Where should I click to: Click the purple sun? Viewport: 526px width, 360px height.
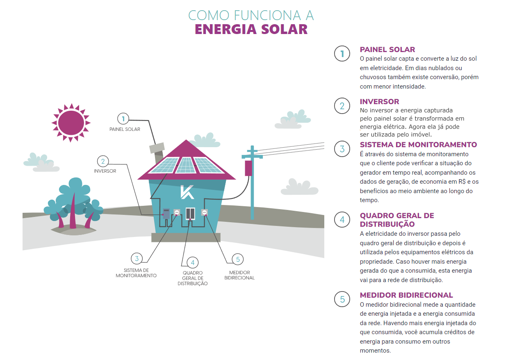71,123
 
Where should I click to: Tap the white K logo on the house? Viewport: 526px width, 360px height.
187,192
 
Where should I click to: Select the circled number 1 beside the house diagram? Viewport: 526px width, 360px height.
123,119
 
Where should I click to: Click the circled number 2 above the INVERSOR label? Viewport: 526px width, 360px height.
103,161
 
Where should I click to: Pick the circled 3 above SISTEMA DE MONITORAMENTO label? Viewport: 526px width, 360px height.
137,259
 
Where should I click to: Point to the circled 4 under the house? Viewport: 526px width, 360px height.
192,263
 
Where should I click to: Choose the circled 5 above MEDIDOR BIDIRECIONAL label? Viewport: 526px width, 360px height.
237,259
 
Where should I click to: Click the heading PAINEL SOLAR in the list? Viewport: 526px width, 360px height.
387,50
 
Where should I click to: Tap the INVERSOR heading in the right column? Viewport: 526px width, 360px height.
379,102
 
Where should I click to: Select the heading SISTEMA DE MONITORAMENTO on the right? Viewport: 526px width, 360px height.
418,145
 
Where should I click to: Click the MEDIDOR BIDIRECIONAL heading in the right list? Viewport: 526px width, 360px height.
406,295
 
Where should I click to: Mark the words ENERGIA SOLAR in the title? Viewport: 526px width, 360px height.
251,30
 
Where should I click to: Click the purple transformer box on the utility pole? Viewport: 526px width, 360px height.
248,168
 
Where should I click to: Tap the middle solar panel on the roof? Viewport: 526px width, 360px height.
186,165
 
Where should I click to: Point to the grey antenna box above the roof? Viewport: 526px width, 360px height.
157,148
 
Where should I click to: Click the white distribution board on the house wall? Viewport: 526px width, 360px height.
191,214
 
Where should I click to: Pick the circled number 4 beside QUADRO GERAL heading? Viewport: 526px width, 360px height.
342,220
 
